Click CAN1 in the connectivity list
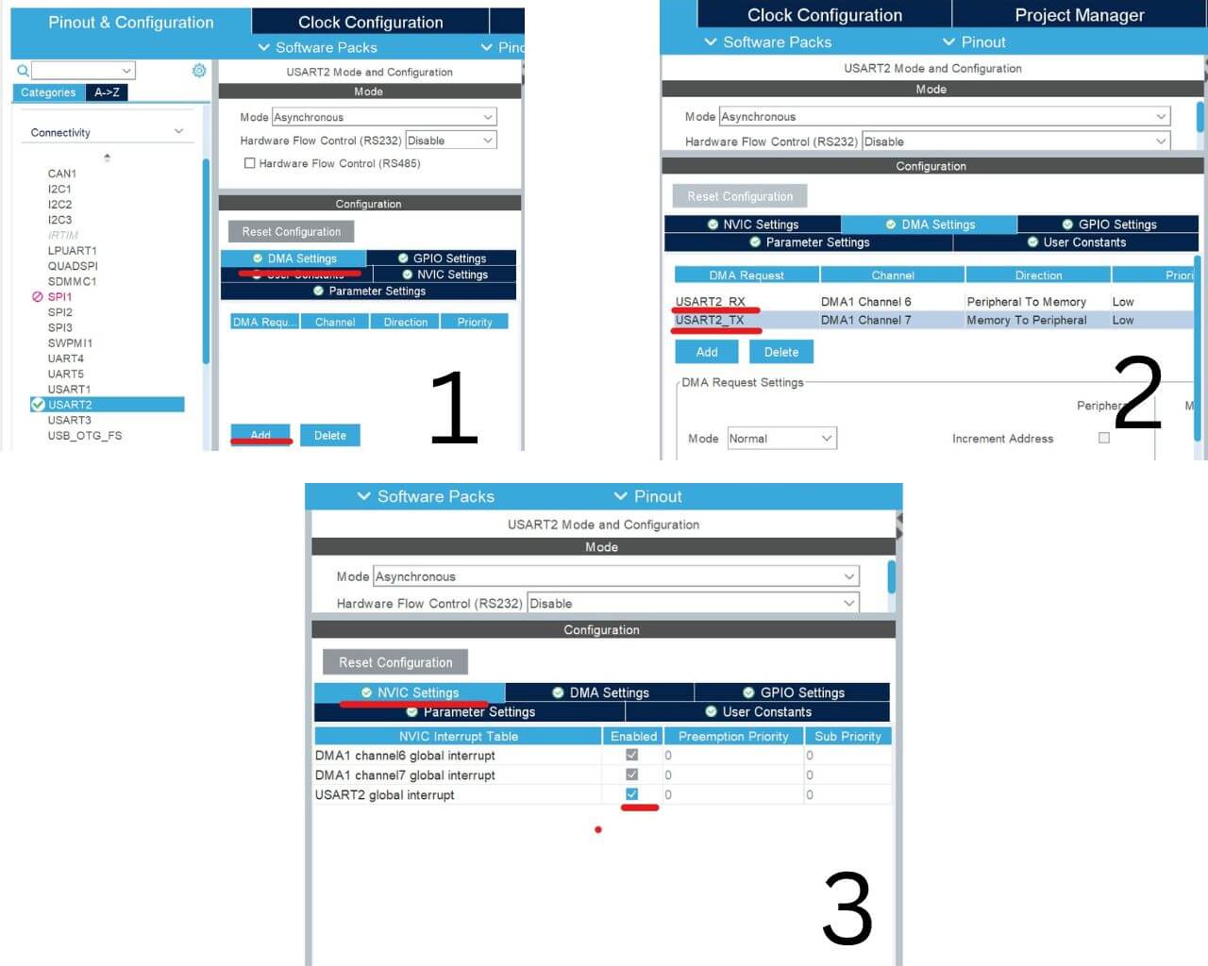(62, 174)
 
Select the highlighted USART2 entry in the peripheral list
(70, 405)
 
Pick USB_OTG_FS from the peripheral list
(85, 436)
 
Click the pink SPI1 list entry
(59, 296)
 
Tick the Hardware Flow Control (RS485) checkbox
(250, 163)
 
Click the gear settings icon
(199, 71)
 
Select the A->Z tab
(107, 92)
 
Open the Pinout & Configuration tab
(130, 23)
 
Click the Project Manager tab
(1079, 15)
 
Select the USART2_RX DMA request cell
(710, 302)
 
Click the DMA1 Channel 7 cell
(865, 320)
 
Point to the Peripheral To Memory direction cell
(1026, 302)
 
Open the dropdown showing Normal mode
(781, 439)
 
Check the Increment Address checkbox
(1104, 438)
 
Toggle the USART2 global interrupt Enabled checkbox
(631, 794)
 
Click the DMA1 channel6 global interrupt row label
(405, 756)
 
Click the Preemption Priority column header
(732, 736)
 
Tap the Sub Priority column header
(847, 736)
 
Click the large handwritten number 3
(847, 908)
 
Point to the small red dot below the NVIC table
(598, 830)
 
